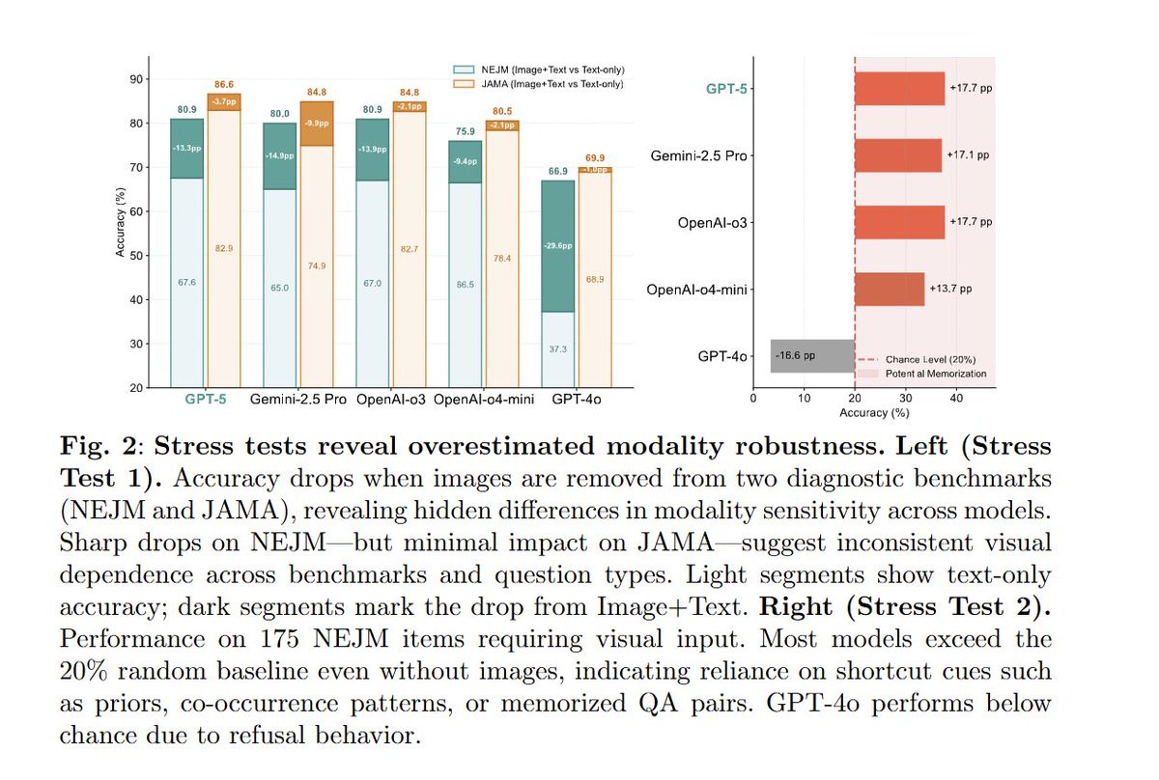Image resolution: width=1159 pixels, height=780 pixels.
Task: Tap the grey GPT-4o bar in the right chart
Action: [x=811, y=355]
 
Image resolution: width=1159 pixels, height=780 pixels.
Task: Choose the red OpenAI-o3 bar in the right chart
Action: [x=899, y=221]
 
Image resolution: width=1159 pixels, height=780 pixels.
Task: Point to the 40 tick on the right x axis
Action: [x=955, y=396]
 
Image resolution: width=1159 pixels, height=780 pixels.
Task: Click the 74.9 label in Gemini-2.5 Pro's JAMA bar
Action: [x=316, y=265]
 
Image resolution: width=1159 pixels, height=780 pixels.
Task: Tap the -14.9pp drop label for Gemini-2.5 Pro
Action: [x=280, y=156]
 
